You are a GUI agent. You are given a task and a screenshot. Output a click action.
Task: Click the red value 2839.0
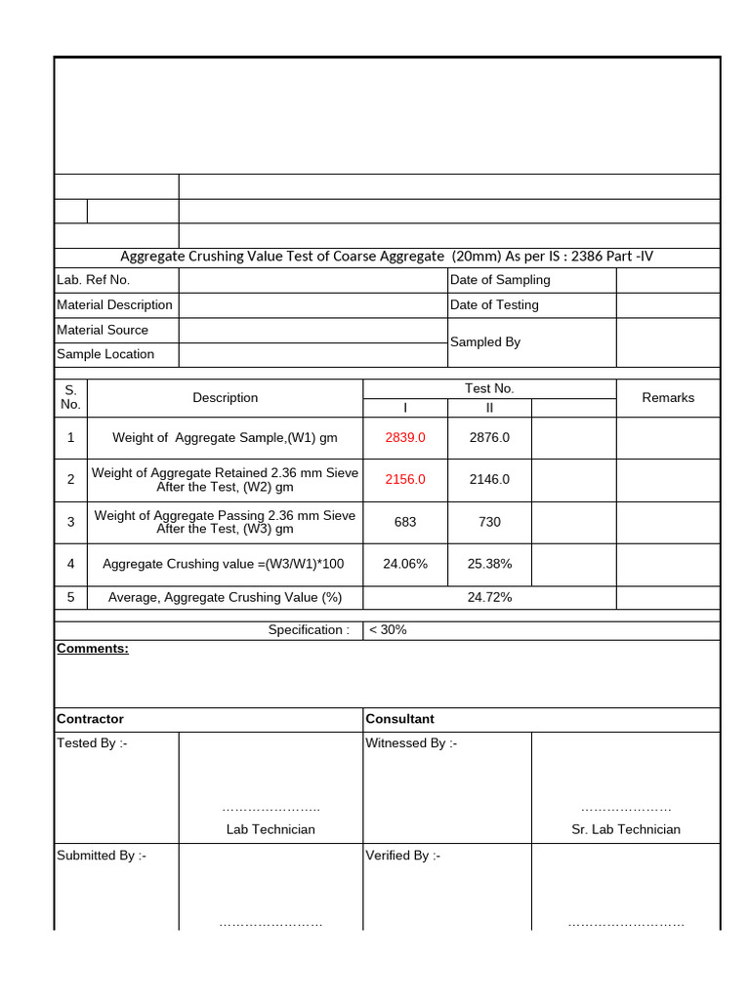click(405, 437)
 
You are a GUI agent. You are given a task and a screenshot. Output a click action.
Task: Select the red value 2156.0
click(405, 479)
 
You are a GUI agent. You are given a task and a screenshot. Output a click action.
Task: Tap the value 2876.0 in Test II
click(489, 437)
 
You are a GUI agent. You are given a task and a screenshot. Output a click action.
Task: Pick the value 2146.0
click(489, 479)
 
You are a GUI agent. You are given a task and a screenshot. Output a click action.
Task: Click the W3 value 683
click(405, 522)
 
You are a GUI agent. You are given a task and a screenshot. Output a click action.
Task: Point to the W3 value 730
click(489, 522)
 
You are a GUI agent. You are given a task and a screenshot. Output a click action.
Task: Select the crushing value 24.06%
click(405, 564)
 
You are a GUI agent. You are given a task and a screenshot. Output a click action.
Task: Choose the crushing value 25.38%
click(489, 564)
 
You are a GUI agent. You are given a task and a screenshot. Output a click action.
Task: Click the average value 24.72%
click(489, 597)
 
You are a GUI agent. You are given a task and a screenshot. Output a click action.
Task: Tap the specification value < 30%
click(388, 629)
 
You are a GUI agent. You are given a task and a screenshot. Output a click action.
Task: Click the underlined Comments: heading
click(93, 649)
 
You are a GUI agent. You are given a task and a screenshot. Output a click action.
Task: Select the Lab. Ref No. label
click(93, 280)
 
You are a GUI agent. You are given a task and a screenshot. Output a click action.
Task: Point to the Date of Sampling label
click(500, 280)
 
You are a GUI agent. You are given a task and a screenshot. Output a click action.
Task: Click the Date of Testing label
click(494, 305)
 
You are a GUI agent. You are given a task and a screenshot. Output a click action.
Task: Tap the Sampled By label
click(485, 342)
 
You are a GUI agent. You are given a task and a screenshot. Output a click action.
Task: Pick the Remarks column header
click(668, 397)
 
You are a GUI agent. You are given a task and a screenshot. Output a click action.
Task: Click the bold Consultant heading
click(399, 719)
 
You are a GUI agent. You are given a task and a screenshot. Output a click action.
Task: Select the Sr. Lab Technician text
click(626, 829)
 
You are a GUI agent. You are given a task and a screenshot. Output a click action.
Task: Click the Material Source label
click(103, 330)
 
